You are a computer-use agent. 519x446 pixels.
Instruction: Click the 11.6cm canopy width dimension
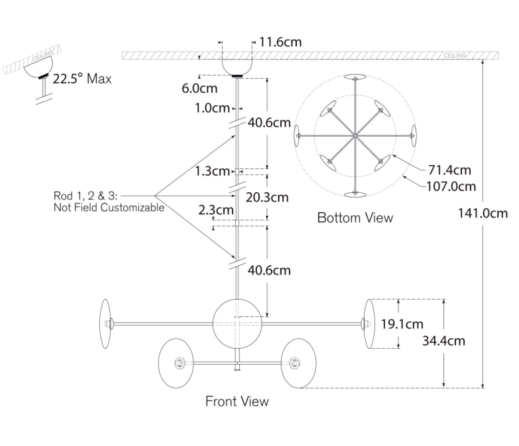[x=280, y=42]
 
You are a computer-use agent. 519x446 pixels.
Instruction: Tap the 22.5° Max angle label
[x=82, y=79]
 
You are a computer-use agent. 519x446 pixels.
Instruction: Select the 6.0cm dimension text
[x=200, y=88]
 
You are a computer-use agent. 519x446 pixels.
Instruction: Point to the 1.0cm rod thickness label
[x=212, y=108]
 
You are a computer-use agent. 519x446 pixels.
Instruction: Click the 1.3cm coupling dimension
[x=212, y=171]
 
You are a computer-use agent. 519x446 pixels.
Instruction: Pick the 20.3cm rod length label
[x=267, y=198]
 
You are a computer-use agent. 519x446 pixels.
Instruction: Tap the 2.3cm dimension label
[x=216, y=210]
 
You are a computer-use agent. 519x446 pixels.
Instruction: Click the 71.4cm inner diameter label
[x=450, y=170]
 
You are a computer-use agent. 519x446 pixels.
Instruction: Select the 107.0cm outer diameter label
[x=451, y=187]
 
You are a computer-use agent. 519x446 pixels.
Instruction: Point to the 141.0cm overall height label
[x=483, y=213]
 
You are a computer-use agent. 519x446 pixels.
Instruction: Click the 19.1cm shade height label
[x=402, y=324]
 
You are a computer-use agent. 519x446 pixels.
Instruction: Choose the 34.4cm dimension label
[x=443, y=341]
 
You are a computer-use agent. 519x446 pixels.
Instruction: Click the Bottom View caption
[x=355, y=218]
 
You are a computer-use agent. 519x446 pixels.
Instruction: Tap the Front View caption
[x=237, y=401]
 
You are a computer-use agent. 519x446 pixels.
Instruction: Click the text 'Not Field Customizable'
[x=109, y=207]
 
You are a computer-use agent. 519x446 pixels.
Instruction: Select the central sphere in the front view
[x=237, y=324]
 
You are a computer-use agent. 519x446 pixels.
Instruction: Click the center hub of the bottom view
[x=355, y=136]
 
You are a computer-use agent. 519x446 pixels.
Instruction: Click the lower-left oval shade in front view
[x=176, y=363]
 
